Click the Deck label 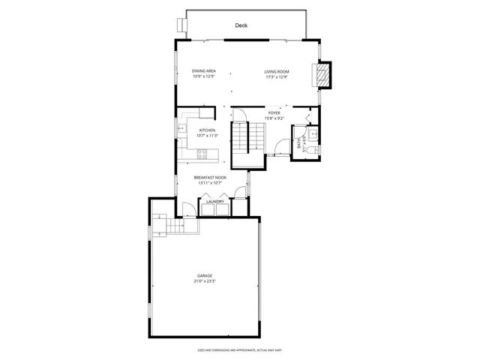[241, 25]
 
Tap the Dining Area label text [204, 70]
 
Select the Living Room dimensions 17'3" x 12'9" [276, 77]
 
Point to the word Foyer [274, 112]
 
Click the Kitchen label [207, 130]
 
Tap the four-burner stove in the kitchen [202, 154]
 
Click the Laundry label [216, 201]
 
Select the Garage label [205, 276]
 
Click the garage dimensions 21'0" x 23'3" [205, 281]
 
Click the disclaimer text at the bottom [240, 349]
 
